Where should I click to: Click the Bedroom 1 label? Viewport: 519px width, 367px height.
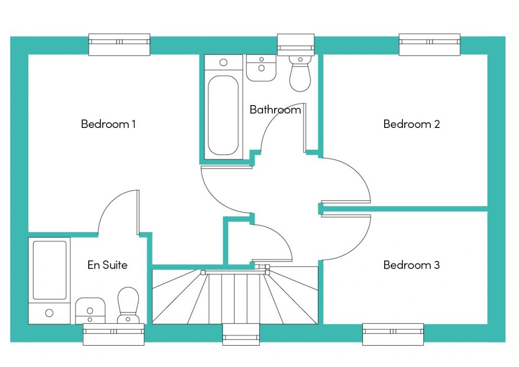click(108, 124)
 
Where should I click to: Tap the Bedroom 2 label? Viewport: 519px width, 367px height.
click(412, 124)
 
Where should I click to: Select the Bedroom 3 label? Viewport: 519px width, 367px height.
click(412, 265)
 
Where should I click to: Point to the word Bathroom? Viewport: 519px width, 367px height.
click(275, 110)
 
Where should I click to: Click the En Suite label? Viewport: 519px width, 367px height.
click(107, 265)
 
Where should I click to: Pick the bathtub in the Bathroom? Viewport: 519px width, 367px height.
click(224, 107)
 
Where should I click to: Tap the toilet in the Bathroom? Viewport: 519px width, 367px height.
click(300, 73)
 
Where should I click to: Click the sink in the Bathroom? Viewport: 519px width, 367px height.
click(261, 68)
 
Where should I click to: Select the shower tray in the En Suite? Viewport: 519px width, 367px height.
click(49, 281)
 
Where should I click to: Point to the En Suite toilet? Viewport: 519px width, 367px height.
click(128, 305)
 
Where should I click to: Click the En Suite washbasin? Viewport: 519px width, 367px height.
click(90, 311)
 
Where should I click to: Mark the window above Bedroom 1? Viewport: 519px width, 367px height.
click(119, 45)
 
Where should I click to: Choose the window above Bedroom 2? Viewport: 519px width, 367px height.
click(429, 45)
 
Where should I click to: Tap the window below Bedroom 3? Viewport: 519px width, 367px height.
click(393, 334)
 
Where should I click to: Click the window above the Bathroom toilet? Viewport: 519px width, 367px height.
click(295, 45)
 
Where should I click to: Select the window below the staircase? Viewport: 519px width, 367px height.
click(241, 334)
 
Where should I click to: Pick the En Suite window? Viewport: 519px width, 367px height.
click(114, 334)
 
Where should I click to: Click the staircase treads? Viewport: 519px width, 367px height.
click(235, 297)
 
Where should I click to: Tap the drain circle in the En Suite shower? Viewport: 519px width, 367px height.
click(49, 313)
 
